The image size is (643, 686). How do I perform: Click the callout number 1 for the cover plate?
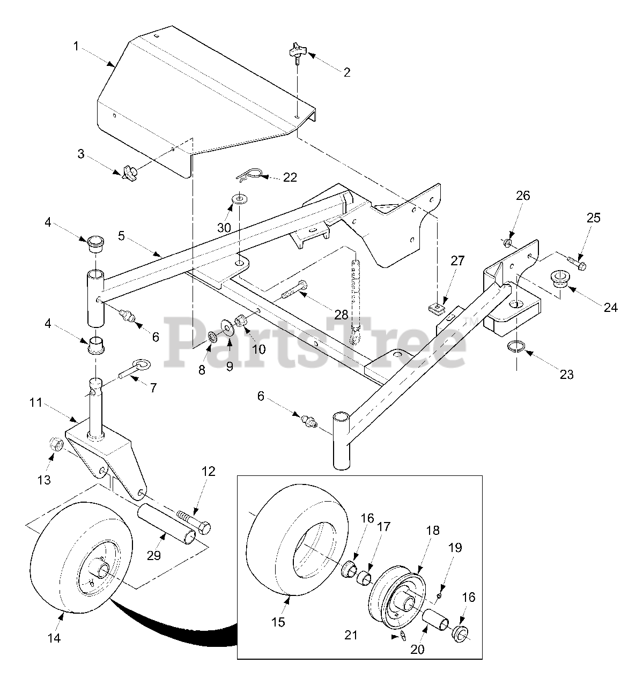76,47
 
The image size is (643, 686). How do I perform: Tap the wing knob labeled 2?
296,52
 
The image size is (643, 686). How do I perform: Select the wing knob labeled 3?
129,172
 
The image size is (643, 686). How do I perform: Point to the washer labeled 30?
237,200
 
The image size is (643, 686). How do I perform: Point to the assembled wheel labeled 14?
75,563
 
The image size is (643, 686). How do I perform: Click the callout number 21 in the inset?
350,635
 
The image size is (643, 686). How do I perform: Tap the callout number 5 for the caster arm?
121,235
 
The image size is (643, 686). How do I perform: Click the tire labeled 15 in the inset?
290,557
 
